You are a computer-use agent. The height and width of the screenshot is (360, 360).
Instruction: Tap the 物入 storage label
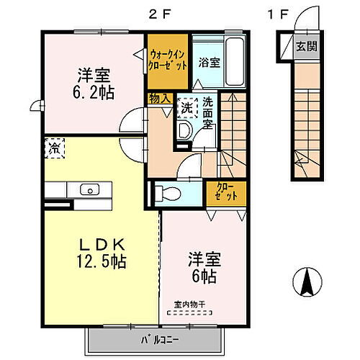(x=158, y=96)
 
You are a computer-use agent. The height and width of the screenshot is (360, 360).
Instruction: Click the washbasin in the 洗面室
(x=183, y=130)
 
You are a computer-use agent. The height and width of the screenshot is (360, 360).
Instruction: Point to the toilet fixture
(x=167, y=192)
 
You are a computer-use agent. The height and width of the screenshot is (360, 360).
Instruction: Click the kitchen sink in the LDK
(x=89, y=190)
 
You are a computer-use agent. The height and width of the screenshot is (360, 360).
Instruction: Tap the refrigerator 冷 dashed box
(x=54, y=148)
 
